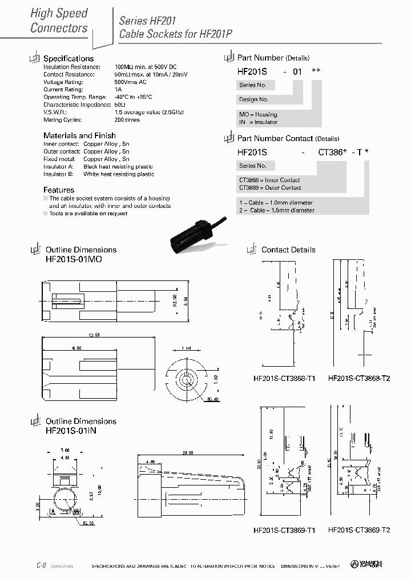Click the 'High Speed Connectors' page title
point(59,21)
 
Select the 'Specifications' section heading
point(68,58)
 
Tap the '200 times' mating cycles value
point(127,120)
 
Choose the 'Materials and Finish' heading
point(79,135)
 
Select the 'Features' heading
point(59,190)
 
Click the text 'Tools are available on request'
point(88,214)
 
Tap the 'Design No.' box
point(256,99)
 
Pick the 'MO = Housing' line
point(258,114)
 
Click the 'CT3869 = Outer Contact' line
point(270,187)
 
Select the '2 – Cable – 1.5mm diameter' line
point(277,210)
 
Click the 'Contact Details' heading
point(288,250)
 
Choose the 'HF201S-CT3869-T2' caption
point(359,529)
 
